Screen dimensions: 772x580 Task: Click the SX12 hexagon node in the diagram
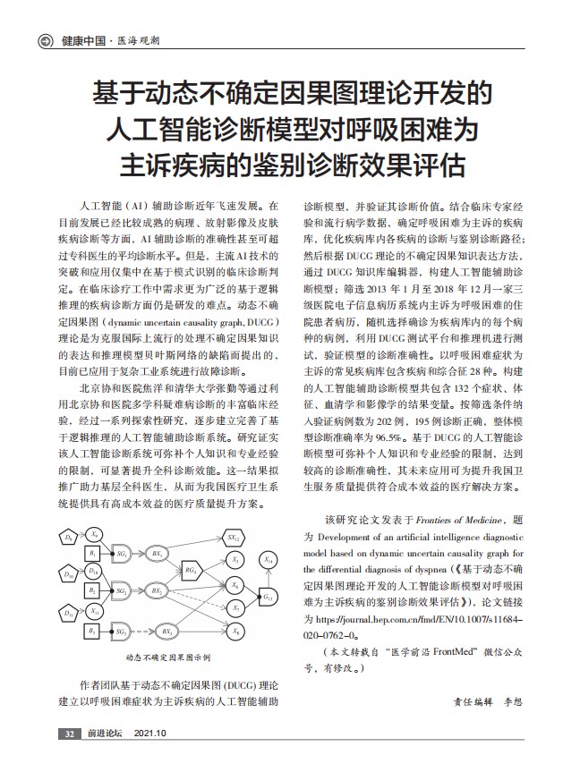pyautogui.click(x=233, y=538)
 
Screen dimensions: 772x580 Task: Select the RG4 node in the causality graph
pyautogui.click(x=191, y=570)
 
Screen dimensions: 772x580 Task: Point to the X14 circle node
pyautogui.click(x=269, y=559)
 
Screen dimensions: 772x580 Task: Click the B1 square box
pyautogui.click(x=92, y=556)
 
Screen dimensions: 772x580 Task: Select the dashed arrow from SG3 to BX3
pyautogui.click(x=142, y=632)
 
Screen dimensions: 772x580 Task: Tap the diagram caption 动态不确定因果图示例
pyautogui.click(x=167, y=657)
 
